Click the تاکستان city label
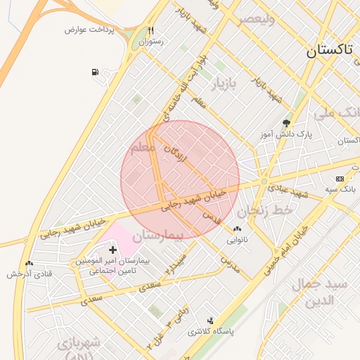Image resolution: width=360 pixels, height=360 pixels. [333, 51]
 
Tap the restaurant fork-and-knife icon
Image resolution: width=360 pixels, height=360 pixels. [150, 31]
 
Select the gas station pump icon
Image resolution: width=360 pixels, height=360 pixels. [95, 72]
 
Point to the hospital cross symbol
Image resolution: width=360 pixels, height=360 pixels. [112, 250]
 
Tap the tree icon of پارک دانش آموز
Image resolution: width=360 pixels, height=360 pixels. [285, 122]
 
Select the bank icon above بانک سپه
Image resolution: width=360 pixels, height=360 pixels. [340, 179]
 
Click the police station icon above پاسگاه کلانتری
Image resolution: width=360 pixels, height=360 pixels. [210, 321]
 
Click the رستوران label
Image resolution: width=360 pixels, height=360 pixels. [150, 42]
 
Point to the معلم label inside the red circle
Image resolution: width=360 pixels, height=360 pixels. [144, 148]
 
